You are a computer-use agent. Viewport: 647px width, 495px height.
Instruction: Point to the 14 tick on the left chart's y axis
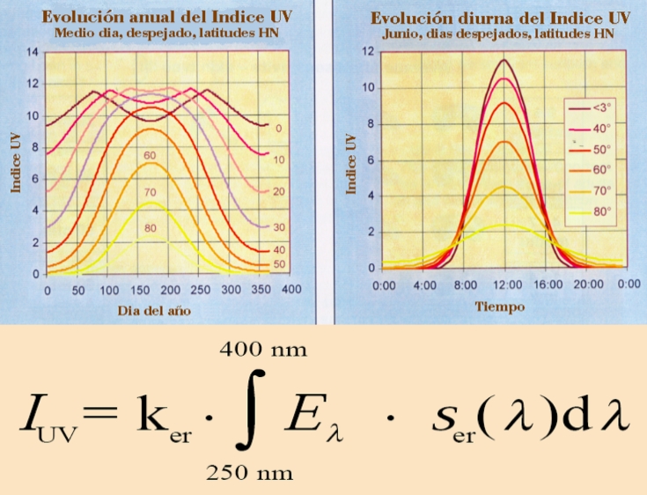coord(33,52)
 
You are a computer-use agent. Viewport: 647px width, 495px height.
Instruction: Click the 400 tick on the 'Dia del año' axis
coord(291,290)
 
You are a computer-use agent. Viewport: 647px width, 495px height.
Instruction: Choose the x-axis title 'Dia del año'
coord(156,311)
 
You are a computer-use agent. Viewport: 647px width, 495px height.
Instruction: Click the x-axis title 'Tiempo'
coord(500,307)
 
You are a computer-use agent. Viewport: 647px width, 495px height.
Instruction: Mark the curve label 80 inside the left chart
coord(151,227)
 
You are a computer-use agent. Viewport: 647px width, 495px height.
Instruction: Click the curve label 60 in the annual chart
coord(150,155)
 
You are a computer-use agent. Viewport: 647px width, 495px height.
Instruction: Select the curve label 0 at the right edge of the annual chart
coord(279,129)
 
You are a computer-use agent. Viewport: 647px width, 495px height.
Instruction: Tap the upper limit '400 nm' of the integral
coord(262,351)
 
